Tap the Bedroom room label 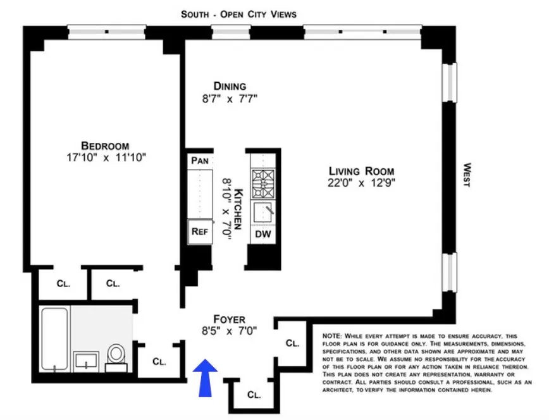click(x=104, y=144)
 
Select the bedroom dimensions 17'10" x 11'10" click(x=104, y=157)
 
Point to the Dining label click(x=229, y=86)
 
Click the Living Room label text click(x=361, y=171)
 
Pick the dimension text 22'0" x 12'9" click(x=361, y=183)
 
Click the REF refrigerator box click(x=199, y=231)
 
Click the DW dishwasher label click(x=262, y=234)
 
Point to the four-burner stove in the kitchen click(x=262, y=184)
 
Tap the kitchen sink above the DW click(x=262, y=212)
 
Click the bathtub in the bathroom click(x=55, y=340)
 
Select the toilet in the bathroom click(x=116, y=356)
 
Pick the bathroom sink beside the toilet click(x=85, y=361)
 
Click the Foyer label click(x=229, y=319)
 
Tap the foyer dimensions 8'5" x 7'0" click(x=229, y=331)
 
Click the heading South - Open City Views click(x=238, y=14)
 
